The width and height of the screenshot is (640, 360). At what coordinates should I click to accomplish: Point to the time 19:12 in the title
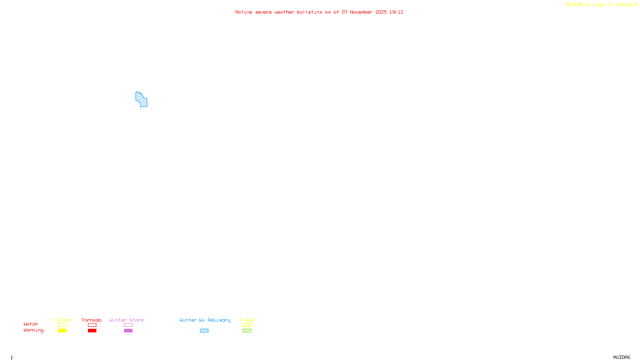click(x=396, y=12)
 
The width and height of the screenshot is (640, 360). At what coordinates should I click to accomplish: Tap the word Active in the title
click(x=244, y=12)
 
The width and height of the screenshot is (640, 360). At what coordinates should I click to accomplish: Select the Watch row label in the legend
click(x=31, y=324)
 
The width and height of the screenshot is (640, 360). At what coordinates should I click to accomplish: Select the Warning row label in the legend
click(x=34, y=330)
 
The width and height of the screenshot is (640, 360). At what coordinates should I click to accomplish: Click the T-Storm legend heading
click(x=62, y=320)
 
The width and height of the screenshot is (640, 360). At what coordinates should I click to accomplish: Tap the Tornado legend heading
click(x=92, y=320)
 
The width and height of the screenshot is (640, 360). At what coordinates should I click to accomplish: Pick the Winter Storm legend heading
click(x=126, y=320)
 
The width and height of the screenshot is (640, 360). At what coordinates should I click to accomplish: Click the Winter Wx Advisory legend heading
click(x=205, y=320)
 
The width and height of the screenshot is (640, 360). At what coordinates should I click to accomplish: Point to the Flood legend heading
click(x=247, y=320)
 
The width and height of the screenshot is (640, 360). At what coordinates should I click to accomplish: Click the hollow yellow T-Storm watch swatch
click(x=62, y=325)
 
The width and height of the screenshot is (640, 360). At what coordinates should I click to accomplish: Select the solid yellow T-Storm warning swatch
click(x=62, y=331)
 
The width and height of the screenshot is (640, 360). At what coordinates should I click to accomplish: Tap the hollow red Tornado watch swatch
click(x=92, y=325)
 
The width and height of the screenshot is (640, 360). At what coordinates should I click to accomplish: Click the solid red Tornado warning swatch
click(x=92, y=331)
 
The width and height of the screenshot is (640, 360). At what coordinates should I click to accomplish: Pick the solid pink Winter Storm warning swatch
click(x=128, y=331)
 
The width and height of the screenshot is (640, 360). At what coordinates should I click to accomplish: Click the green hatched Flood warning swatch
click(x=247, y=331)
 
